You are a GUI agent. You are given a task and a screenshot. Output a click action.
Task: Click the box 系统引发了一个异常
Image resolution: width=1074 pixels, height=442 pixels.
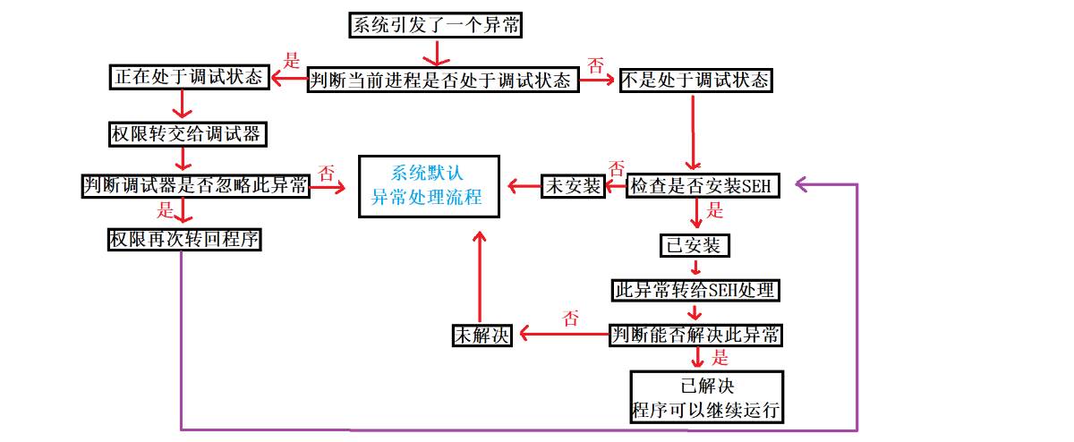pyautogui.click(x=435, y=26)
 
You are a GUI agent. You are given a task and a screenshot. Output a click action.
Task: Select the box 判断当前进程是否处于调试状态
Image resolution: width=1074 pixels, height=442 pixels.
pyautogui.click(x=443, y=80)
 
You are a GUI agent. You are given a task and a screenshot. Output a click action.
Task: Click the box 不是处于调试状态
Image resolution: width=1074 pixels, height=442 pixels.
pyautogui.click(x=695, y=80)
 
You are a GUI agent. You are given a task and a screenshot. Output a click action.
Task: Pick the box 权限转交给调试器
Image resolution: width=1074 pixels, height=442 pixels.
pyautogui.click(x=184, y=133)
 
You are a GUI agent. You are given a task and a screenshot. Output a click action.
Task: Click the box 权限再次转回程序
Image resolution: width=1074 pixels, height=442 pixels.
pyautogui.click(x=184, y=239)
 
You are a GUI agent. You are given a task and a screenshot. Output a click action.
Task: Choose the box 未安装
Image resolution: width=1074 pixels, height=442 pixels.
pyautogui.click(x=573, y=186)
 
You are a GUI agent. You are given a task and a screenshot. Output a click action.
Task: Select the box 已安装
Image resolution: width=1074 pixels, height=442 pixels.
pyautogui.click(x=694, y=244)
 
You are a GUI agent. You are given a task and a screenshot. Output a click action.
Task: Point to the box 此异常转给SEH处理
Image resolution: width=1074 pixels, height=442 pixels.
pyautogui.click(x=695, y=290)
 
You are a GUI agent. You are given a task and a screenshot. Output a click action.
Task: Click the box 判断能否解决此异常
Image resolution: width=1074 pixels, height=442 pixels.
pyautogui.click(x=695, y=335)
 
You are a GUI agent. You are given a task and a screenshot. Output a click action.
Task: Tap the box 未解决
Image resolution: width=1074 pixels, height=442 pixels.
pyautogui.click(x=481, y=336)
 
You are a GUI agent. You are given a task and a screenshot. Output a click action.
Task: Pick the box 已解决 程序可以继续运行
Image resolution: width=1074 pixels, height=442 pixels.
pyautogui.click(x=706, y=398)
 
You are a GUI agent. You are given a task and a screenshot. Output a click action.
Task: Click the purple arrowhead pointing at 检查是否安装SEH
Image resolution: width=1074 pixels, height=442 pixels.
pyautogui.click(x=802, y=185)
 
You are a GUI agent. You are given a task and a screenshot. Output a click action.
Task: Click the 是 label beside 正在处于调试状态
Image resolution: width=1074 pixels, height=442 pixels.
pyautogui.click(x=292, y=63)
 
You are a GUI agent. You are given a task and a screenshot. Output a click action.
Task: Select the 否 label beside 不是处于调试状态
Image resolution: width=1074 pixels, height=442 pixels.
pyautogui.click(x=595, y=65)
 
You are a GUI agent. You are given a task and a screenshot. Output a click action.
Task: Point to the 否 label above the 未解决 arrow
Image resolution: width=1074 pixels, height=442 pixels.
pyautogui.click(x=570, y=319)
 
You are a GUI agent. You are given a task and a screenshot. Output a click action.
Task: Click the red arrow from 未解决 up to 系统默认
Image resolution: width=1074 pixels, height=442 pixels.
pyautogui.click(x=480, y=277)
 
